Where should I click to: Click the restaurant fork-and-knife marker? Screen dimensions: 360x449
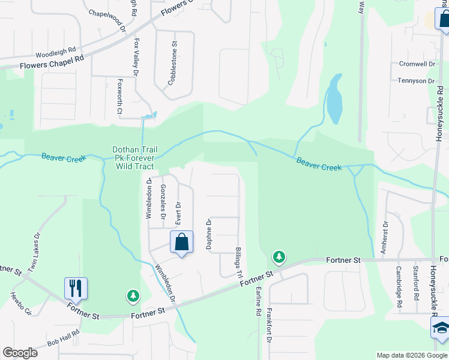(x=76, y=288)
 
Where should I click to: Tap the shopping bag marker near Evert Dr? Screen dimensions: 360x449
(x=181, y=242)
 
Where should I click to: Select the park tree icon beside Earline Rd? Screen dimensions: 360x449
(x=279, y=257)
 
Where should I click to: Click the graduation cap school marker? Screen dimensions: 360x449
(x=441, y=328)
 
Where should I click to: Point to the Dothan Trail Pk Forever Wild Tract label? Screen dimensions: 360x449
(x=133, y=158)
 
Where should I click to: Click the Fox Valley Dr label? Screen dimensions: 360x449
(x=137, y=57)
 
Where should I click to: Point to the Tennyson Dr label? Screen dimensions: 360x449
(x=415, y=80)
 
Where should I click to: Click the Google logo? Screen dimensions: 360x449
(x=20, y=353)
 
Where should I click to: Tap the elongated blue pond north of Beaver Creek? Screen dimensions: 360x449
(x=334, y=98)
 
